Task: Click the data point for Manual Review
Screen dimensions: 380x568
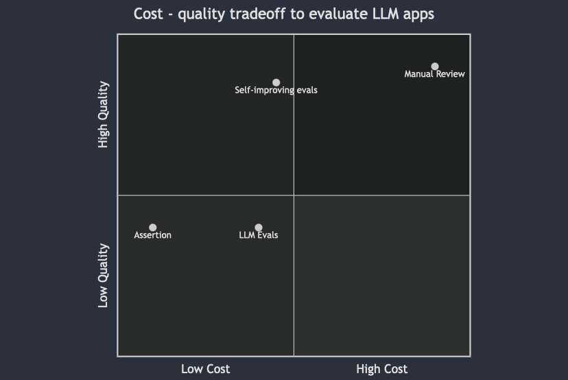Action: (434, 67)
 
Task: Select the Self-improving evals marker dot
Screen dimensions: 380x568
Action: (276, 82)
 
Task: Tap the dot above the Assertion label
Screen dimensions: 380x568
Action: (152, 228)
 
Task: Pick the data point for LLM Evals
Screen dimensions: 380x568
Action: (259, 228)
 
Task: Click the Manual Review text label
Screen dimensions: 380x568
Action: (434, 74)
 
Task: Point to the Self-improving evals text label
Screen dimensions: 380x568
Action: (276, 90)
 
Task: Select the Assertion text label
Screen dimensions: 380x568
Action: (152, 235)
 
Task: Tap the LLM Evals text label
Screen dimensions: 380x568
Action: (259, 235)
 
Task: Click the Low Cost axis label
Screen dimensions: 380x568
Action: (205, 369)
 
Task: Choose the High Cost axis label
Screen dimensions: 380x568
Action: (381, 369)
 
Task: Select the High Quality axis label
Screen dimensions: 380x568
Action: (104, 115)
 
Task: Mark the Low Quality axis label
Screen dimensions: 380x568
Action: (104, 275)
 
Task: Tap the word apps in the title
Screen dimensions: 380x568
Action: (418, 15)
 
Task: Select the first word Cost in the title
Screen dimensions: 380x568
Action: (148, 14)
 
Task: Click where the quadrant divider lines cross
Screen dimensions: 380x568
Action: (294, 195)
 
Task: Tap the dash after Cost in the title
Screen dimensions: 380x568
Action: (170, 15)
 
